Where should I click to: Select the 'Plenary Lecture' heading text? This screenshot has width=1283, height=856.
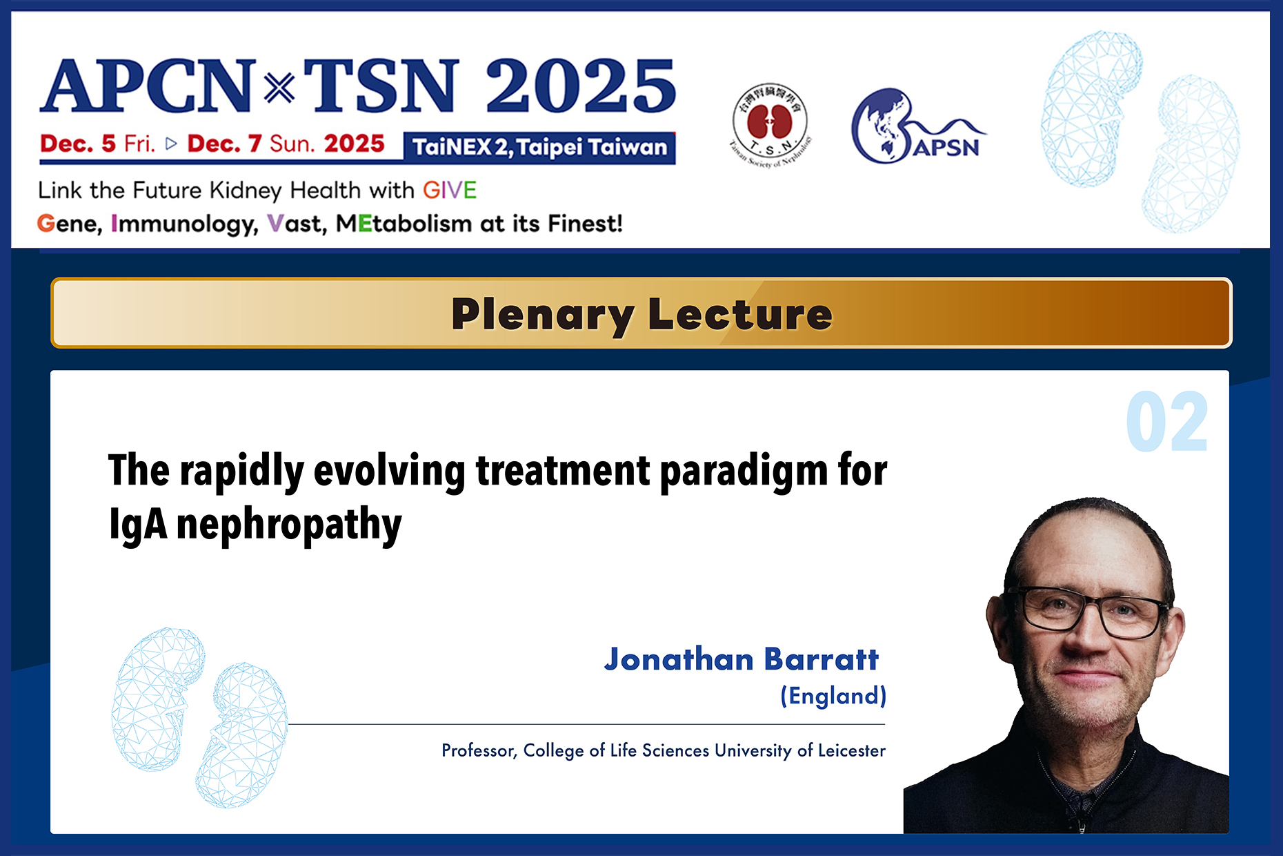[x=641, y=314]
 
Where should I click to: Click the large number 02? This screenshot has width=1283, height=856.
[x=1167, y=422]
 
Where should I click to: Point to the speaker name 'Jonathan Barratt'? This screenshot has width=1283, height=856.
[x=742, y=659]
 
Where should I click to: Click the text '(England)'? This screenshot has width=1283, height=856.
[x=833, y=696]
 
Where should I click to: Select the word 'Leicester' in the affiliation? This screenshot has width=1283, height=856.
[x=852, y=750]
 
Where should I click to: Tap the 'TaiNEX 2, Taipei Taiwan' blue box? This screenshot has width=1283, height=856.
[x=539, y=148]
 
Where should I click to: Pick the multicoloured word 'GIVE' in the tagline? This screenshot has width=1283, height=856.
[x=450, y=190]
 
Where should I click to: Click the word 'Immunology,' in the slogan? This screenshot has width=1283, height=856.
[x=184, y=224]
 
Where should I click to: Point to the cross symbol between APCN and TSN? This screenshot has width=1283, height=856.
[x=279, y=88]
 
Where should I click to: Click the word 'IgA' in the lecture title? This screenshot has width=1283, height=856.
[x=138, y=524]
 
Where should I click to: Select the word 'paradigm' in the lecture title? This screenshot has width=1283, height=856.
[x=744, y=473]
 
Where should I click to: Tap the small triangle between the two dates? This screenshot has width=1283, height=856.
[x=171, y=144]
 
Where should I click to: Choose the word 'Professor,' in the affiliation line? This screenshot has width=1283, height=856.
[x=479, y=751]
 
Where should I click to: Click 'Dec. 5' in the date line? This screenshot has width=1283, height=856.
[x=78, y=144]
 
